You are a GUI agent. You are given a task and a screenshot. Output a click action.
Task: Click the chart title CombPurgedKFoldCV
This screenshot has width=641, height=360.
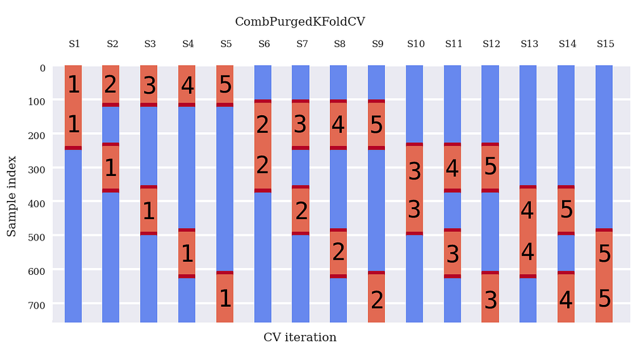300,22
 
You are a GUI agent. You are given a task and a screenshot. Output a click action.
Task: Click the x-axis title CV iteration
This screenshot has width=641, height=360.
300,337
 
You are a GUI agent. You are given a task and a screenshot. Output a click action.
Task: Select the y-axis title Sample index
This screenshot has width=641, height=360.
12,196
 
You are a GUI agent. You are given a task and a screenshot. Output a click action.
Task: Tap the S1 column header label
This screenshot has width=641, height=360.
74,44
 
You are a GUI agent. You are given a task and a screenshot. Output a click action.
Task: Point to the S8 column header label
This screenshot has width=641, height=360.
339,44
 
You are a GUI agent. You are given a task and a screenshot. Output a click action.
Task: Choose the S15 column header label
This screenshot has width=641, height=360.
605,44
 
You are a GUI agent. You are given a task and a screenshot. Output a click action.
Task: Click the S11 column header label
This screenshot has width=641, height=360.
454,44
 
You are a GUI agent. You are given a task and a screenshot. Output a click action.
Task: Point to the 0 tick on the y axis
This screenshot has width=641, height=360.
43,68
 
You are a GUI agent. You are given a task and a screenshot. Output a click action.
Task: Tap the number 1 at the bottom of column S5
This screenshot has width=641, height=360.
225,299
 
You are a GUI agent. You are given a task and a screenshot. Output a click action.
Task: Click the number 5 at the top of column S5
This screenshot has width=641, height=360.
225,85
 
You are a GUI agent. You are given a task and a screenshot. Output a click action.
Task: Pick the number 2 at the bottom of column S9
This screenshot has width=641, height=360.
377,300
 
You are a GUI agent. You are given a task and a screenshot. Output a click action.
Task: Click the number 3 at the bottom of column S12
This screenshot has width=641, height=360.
491,300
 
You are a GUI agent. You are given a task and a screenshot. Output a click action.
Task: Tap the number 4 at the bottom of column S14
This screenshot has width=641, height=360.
566,300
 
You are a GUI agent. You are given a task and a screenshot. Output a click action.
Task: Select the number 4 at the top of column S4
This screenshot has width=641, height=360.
187,85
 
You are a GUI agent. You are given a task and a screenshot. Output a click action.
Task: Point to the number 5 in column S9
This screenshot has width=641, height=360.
377,125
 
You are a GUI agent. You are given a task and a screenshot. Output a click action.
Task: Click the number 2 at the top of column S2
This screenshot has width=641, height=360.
111,85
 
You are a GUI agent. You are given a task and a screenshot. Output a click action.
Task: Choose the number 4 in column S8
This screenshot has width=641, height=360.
339,125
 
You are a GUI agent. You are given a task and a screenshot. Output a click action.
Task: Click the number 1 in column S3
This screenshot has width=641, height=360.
148,210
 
